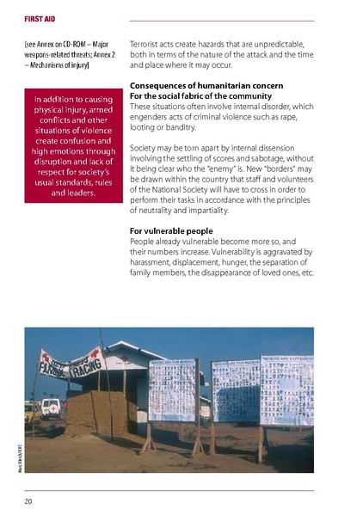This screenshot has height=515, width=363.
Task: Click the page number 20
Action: (29, 499)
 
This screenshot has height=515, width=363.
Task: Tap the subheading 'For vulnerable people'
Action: (171, 231)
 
